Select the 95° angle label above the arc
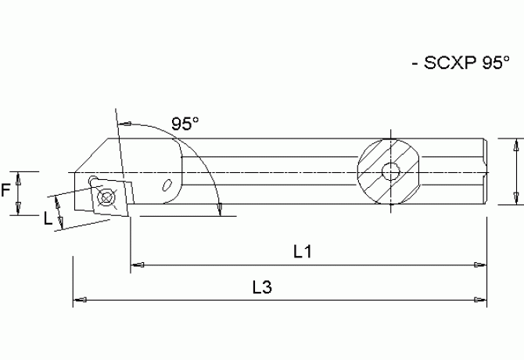click(185, 123)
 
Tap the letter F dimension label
click(7, 190)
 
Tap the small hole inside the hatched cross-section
click(389, 172)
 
